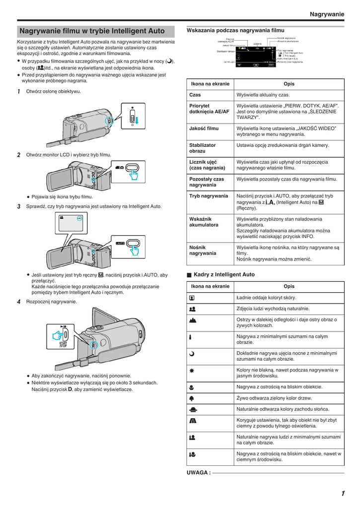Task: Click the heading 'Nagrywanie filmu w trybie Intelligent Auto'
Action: coord(92,31)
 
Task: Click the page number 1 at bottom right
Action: coord(343,493)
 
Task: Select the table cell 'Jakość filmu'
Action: coord(204,128)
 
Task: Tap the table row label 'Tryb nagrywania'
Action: coord(209,196)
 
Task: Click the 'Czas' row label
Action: coord(195,95)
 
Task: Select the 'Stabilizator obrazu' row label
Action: coord(203,148)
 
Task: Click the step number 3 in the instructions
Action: coord(19,206)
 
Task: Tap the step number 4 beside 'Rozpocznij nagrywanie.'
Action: coord(19,302)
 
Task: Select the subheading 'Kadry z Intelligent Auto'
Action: coord(224,274)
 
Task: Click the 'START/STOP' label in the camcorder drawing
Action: coord(63,344)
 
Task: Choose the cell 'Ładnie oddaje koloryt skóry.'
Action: coord(266,298)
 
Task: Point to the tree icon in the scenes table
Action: coord(192,398)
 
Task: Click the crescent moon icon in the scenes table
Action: coord(192,356)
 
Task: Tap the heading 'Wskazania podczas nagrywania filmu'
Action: coord(235,30)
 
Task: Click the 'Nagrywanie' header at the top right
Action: coord(326,14)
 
